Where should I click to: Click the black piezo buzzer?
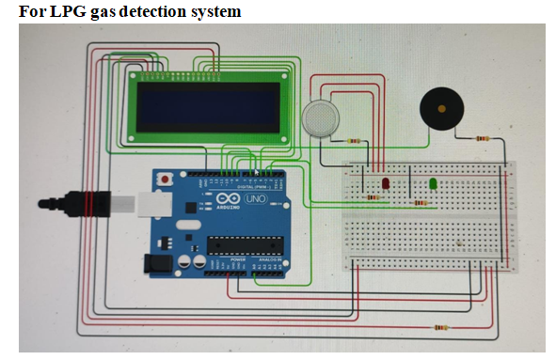tap(441, 110)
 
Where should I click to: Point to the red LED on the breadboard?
tap(386, 180)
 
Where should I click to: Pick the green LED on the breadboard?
tap(433, 183)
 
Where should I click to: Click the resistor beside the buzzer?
tap(482, 139)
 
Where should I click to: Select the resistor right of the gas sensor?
tap(356, 141)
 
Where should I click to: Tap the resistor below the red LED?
tap(376, 197)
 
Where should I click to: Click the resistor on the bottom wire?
tap(437, 328)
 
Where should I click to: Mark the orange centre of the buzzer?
tap(441, 110)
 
